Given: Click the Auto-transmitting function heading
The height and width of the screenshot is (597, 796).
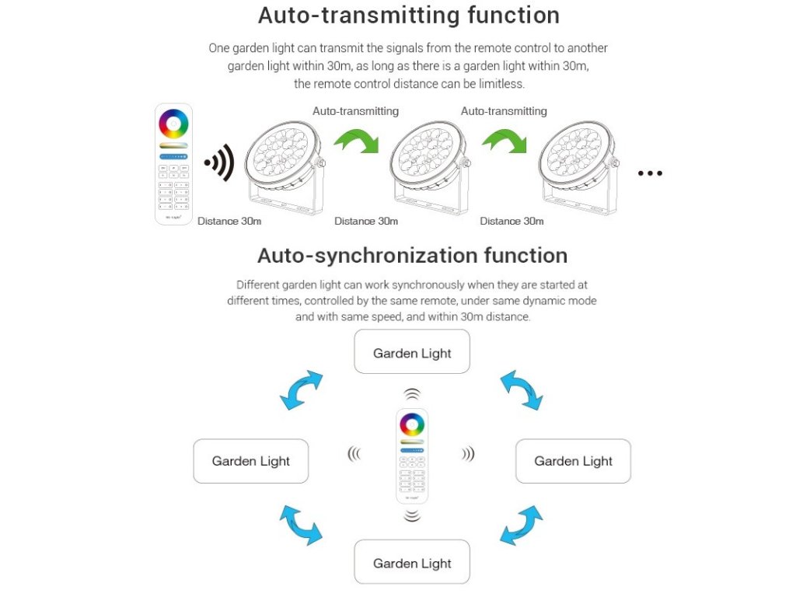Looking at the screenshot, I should [x=408, y=16].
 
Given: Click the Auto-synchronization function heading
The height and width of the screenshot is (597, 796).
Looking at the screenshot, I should [x=412, y=256].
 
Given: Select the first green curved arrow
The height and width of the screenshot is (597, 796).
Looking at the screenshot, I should [x=355, y=141].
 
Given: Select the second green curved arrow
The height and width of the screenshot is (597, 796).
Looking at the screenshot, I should [x=503, y=141].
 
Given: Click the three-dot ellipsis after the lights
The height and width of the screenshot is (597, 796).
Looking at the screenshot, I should [x=650, y=173].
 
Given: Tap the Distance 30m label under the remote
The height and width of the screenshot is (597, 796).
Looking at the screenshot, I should [x=229, y=222].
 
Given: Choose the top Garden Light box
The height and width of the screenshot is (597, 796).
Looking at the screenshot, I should [x=412, y=352].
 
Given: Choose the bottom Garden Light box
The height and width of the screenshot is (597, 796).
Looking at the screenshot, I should [x=412, y=563].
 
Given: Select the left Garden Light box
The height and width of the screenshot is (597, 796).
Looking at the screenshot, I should [x=250, y=461].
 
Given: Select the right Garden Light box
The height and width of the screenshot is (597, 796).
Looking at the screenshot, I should [x=574, y=461].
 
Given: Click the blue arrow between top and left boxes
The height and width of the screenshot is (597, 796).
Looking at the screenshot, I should [x=301, y=389].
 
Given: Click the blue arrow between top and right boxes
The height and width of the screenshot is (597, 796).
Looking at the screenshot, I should [x=521, y=389].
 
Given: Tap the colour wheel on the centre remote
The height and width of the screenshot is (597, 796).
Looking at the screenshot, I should [x=412, y=424].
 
